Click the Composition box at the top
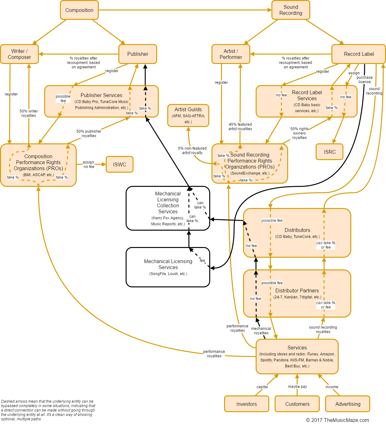click(x=79, y=10)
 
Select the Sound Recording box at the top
click(x=291, y=10)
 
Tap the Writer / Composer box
click(x=19, y=54)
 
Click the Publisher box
click(x=138, y=54)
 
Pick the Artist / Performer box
click(x=231, y=54)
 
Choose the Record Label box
click(x=359, y=54)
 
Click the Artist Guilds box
click(x=188, y=115)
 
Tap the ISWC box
click(x=119, y=164)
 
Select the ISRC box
click(x=330, y=152)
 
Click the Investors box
click(x=246, y=404)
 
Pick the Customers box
click(x=297, y=404)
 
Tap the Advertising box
click(x=347, y=404)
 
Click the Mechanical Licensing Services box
click(x=168, y=267)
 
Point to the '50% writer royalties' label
click(x=29, y=113)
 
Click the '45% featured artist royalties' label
click(x=240, y=127)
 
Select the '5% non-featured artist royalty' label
click(x=192, y=151)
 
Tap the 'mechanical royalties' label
click(x=261, y=331)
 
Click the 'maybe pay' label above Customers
click(x=297, y=387)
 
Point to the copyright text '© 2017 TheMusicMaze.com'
click(x=337, y=420)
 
